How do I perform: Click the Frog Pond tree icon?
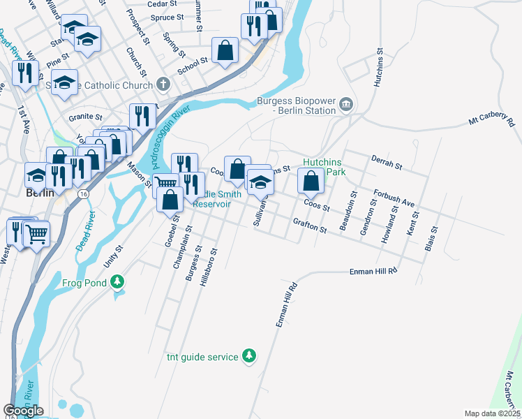pyautogui.click(x=119, y=281)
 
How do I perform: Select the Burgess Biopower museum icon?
pyautogui.click(x=346, y=105)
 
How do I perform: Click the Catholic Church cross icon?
pyautogui.click(x=163, y=85)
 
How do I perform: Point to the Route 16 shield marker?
pyautogui.click(x=84, y=193)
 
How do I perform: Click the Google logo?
pyautogui.click(x=23, y=411)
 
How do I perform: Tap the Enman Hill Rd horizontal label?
pyautogui.click(x=373, y=270)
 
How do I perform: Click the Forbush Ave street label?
pyautogui.click(x=394, y=198)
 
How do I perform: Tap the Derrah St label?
pyautogui.click(x=387, y=163)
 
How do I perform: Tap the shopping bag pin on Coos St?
pyautogui.click(x=311, y=181)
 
